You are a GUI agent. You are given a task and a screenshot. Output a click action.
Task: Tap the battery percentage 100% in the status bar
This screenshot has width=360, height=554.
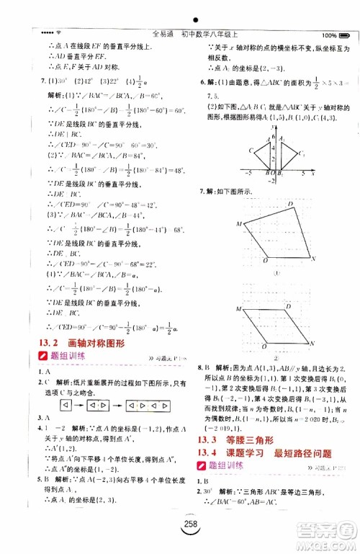(332, 35)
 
